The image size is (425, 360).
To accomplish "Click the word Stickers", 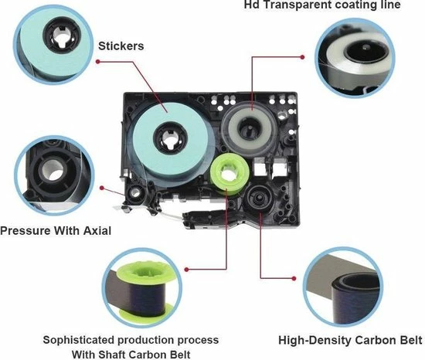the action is (121, 46).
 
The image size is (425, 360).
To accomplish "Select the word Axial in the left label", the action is (97, 231).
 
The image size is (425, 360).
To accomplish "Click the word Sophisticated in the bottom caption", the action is (78, 340).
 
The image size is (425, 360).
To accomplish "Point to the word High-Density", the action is (314, 340).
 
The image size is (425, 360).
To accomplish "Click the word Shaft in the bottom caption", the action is (113, 355).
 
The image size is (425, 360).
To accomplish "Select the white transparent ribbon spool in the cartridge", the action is (250, 126).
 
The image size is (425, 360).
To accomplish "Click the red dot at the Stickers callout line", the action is (98, 62).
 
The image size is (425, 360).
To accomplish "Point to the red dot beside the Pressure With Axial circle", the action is (102, 188).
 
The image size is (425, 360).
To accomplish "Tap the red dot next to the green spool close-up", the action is (186, 270).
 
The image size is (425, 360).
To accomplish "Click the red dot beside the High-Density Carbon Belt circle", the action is (294, 278).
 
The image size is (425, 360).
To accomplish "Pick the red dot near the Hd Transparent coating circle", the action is (302, 57).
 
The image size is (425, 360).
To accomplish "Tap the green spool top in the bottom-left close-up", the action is (144, 271).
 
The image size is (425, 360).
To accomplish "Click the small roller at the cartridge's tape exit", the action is (134, 192).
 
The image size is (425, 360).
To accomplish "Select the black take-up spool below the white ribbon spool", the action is (257, 197).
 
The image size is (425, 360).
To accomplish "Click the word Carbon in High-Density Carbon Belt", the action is (374, 340).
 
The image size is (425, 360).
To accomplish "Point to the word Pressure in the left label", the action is (25, 231).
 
